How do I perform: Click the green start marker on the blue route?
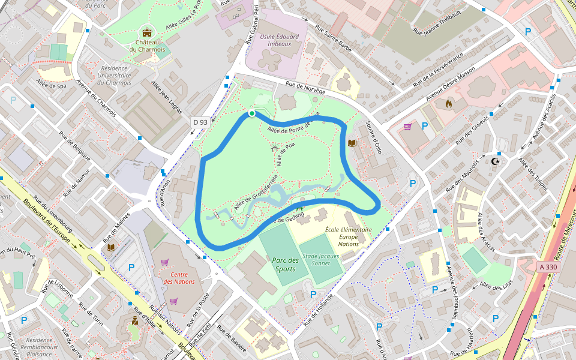coord(252,113)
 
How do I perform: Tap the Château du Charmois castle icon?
coord(147,32)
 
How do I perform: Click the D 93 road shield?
coord(200,122)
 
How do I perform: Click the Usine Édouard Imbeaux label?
coord(280,40)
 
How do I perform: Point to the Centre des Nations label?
coord(179,278)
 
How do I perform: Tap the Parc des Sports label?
coord(284,265)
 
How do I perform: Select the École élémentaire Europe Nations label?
coord(349,236)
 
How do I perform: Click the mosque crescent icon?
coord(496,161)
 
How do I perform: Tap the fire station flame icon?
coord(448,103)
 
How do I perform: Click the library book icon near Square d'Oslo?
coord(352,143)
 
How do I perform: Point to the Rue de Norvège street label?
coord(305,88)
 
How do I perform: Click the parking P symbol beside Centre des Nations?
coord(131,267)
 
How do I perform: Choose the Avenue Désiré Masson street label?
coord(450,83)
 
